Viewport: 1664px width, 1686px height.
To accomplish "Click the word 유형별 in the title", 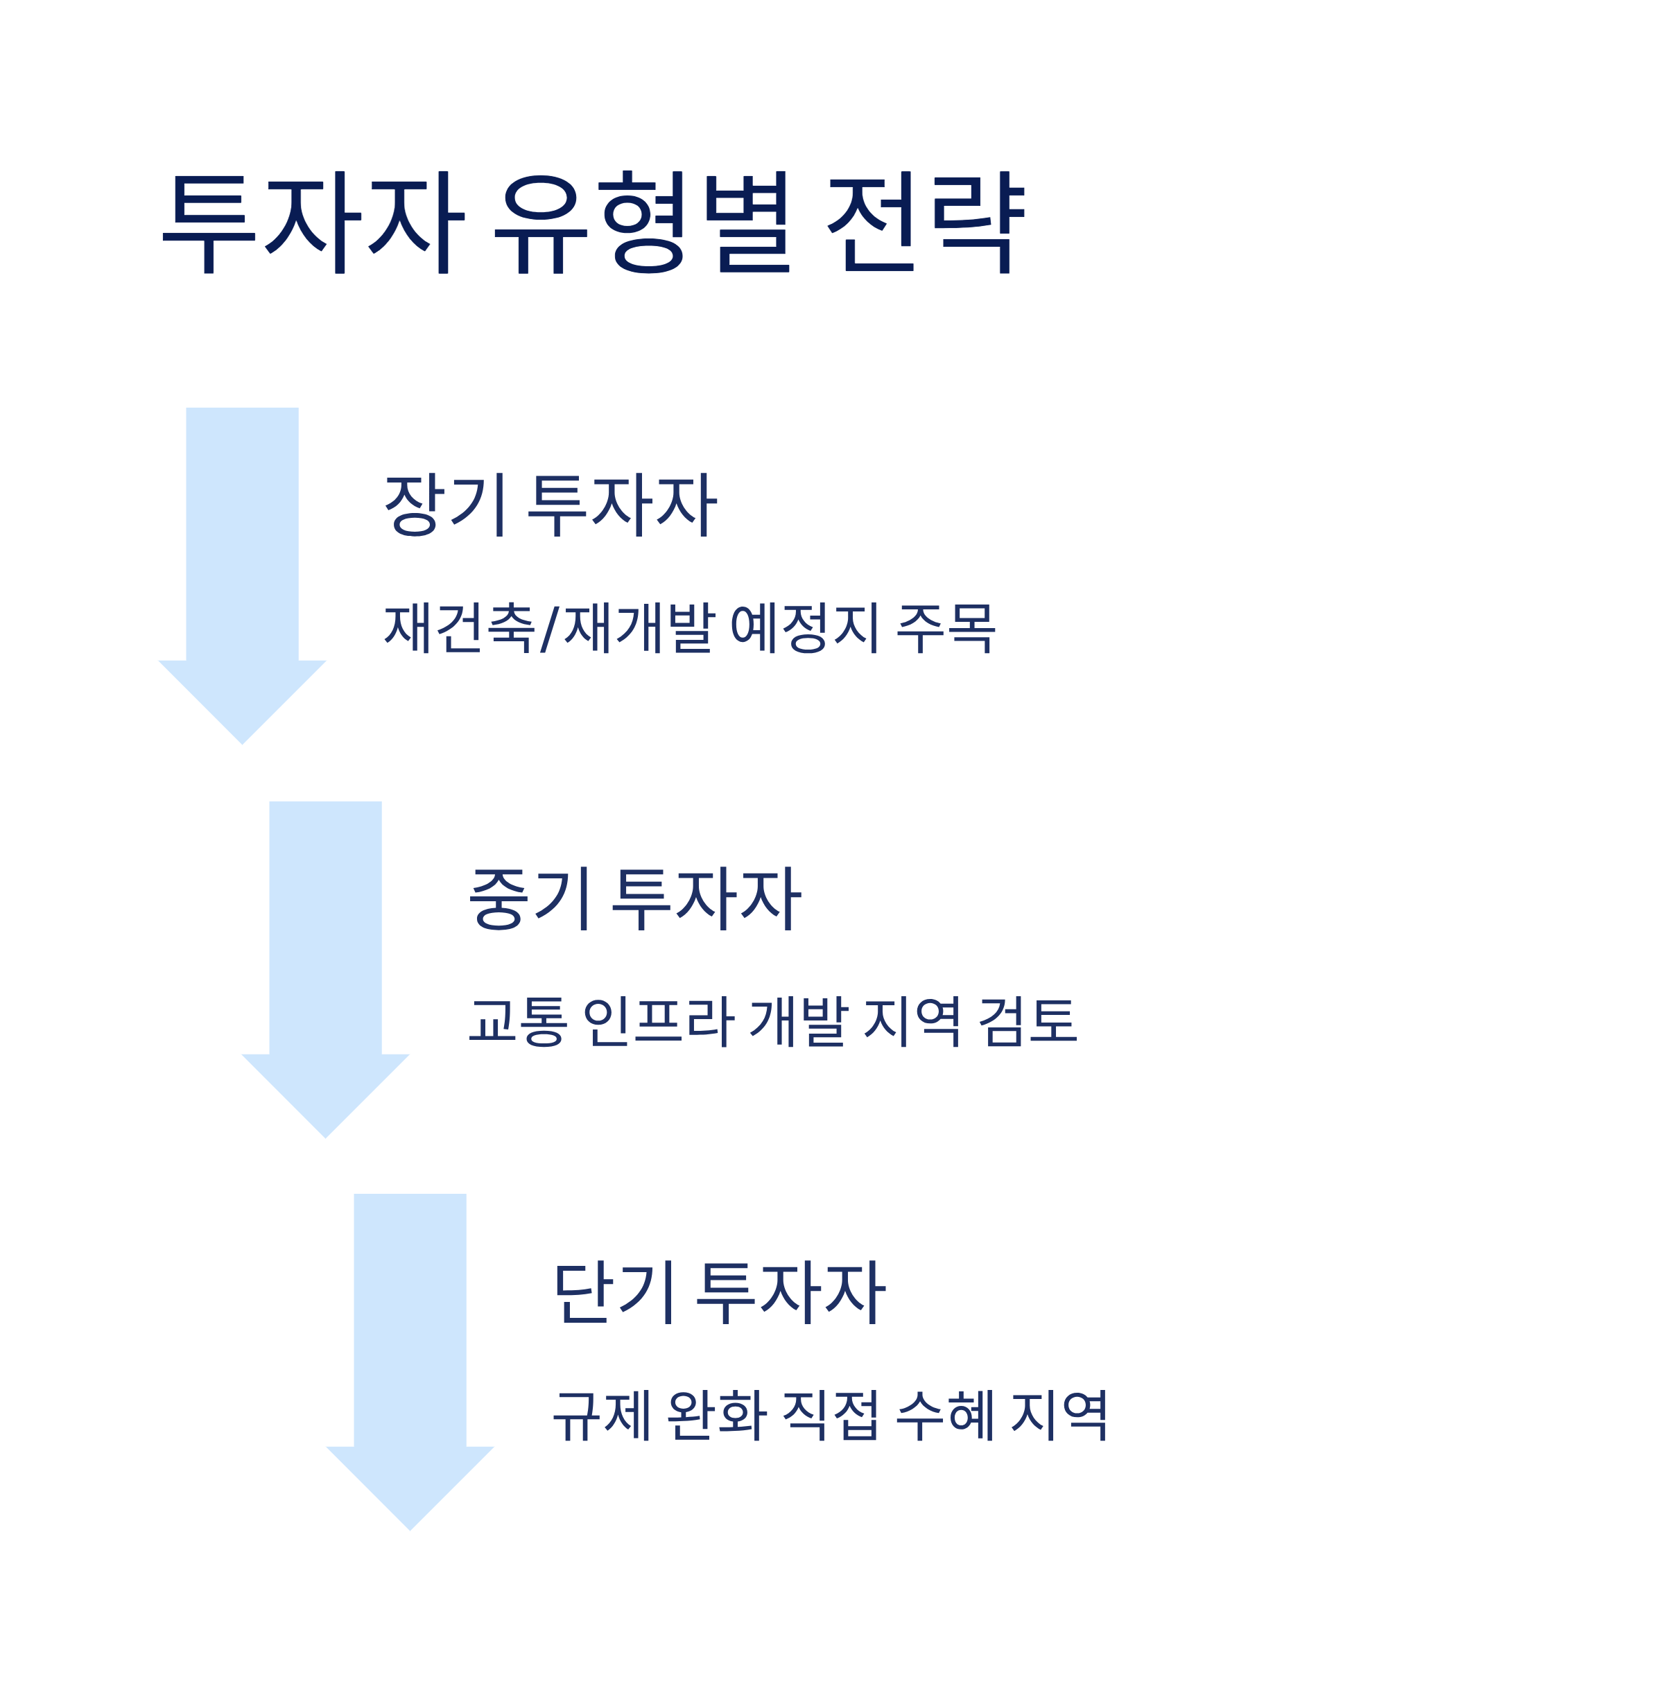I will pyautogui.click(x=641, y=222).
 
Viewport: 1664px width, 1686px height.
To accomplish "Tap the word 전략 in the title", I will pyautogui.click(x=925, y=222).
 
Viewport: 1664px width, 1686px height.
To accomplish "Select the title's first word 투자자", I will pyautogui.click(x=313, y=222).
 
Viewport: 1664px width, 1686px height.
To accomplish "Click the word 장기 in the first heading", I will pyautogui.click(x=445, y=505).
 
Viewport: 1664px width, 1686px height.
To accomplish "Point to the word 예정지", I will pyautogui.click(x=804, y=627).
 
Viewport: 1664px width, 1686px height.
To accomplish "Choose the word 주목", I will pyautogui.click(x=946, y=627).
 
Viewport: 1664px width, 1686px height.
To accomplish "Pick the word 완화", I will pyautogui.click(x=716, y=1414).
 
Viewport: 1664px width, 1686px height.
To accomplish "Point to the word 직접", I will pyautogui.click(x=830, y=1414).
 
